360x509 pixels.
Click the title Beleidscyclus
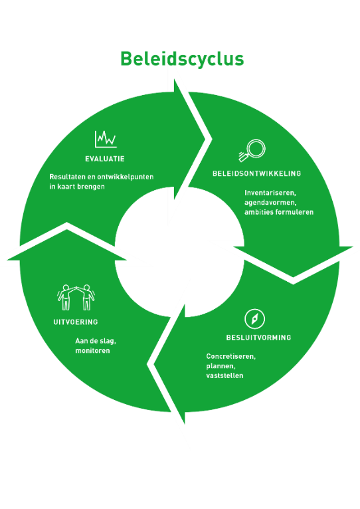tap(182, 59)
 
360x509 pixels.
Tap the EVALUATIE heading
tap(105, 159)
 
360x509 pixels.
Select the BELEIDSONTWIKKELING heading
tap(257, 173)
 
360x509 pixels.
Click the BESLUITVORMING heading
tap(259, 338)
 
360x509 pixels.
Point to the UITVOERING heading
tap(76, 322)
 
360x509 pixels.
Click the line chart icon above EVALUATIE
tap(106, 140)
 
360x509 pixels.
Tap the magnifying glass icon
tap(252, 150)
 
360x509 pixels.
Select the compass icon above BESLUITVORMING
tap(255, 319)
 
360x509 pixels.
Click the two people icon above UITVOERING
tap(76, 298)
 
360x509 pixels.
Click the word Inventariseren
tap(270, 193)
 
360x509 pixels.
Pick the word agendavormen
tap(270, 203)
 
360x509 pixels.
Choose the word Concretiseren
tap(230, 356)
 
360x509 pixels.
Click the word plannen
tap(221, 367)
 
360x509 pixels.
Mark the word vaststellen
tap(225, 375)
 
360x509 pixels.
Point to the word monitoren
tap(92, 351)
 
